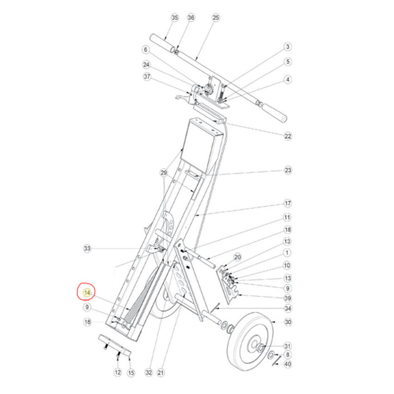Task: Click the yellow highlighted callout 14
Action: point(87,293)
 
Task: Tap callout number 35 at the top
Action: point(174,18)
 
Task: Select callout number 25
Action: point(216,18)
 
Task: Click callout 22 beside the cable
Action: point(288,136)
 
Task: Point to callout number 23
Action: point(288,170)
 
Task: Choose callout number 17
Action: point(288,203)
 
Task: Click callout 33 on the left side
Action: point(87,248)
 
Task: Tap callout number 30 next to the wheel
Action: point(288,322)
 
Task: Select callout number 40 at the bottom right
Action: point(288,364)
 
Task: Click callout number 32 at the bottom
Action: point(149,372)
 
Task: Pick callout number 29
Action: point(163,172)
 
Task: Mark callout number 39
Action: point(288,298)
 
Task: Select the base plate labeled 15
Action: point(115,345)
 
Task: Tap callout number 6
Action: point(146,50)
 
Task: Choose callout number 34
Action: point(288,308)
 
